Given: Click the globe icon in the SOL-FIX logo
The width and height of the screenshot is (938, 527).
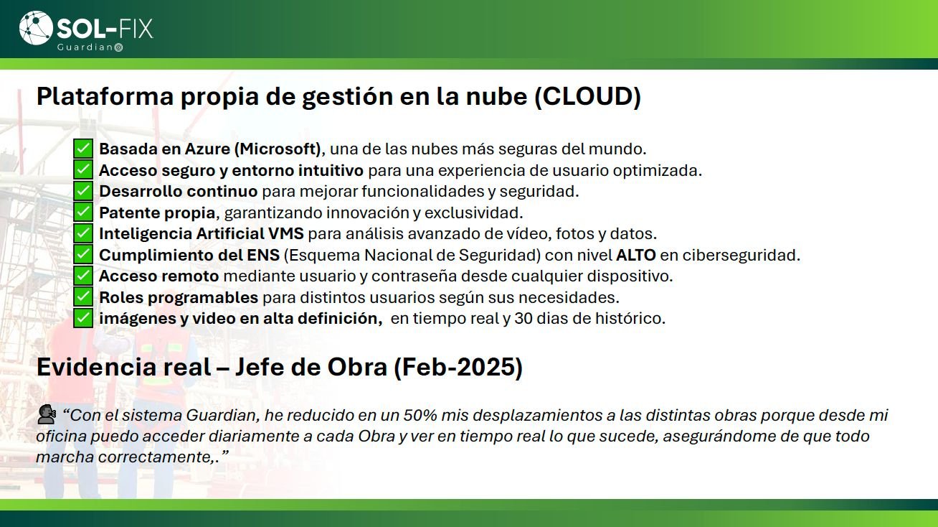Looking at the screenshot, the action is click(36, 28).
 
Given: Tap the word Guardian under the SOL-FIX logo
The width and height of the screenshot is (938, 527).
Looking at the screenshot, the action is click(85, 47).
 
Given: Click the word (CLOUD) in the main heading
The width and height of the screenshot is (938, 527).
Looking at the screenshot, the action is click(587, 96).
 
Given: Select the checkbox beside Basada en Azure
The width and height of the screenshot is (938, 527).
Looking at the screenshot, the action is click(83, 149).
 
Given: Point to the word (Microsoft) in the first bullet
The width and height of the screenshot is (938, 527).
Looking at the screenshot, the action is click(278, 149).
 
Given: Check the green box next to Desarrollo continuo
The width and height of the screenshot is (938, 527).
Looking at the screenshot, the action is click(83, 191).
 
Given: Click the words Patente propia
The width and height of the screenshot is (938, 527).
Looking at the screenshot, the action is click(157, 213).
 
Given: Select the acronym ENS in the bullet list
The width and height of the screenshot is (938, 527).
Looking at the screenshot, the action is click(262, 255).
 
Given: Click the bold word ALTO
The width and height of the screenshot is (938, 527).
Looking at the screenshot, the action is click(635, 255).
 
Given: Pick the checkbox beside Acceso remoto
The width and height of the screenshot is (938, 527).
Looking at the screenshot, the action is click(83, 276).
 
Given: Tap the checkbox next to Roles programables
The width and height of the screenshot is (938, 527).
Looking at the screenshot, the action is click(83, 297).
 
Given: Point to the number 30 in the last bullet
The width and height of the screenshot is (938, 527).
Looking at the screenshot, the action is click(524, 319).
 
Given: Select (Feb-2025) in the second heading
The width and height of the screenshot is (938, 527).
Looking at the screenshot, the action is click(458, 367).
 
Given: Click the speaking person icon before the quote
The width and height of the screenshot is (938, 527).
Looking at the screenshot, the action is click(47, 414).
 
